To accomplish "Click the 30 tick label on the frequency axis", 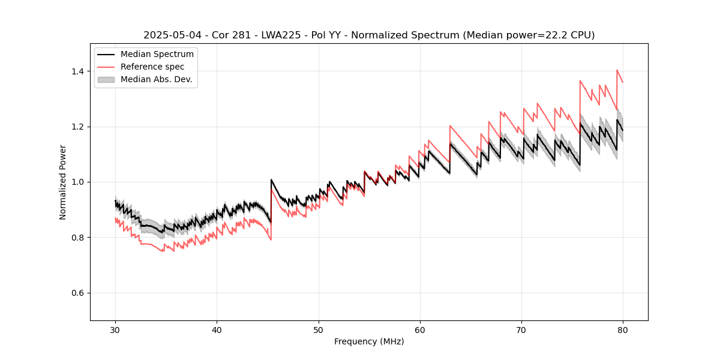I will pyautogui.click(x=116, y=330).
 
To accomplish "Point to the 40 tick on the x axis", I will pyautogui.click(x=217, y=330).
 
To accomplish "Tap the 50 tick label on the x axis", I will pyautogui.click(x=319, y=330).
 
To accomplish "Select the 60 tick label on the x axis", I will pyautogui.click(x=420, y=330).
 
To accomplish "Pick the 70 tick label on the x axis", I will pyautogui.click(x=521, y=330).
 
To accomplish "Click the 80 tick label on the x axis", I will pyautogui.click(x=623, y=330).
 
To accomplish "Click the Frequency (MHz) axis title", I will pyautogui.click(x=369, y=341).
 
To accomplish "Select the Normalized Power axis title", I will pyautogui.click(x=63, y=182).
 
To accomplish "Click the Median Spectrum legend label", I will pyautogui.click(x=157, y=55).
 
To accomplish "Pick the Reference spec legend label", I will pyautogui.click(x=152, y=67).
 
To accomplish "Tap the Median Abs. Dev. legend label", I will pyautogui.click(x=156, y=79).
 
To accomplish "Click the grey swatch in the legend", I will pyautogui.click(x=106, y=79).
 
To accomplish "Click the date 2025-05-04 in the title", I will pyautogui.click(x=170, y=35).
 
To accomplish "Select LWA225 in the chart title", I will pyautogui.click(x=271, y=35).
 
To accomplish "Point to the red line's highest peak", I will pyautogui.click(x=617, y=70).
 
